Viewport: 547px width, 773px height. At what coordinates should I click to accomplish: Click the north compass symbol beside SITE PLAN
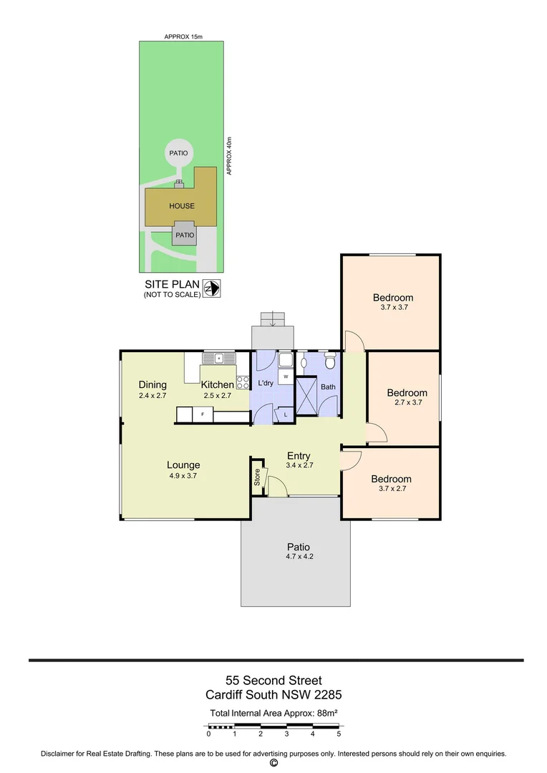212,288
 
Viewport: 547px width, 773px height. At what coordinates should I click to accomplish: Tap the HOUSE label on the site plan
182,206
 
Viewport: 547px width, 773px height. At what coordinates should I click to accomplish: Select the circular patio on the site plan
178,152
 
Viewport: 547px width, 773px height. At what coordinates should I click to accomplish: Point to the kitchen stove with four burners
243,382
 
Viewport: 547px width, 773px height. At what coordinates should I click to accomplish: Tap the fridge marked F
203,414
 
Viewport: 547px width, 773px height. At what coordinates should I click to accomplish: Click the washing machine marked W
285,376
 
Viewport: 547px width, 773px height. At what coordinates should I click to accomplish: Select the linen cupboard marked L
285,414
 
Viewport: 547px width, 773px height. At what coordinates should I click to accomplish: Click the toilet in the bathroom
330,361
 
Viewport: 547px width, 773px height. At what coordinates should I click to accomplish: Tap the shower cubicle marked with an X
307,396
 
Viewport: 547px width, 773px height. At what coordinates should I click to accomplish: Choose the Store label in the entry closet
258,477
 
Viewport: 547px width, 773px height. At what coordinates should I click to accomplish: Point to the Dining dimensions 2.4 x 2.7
152,395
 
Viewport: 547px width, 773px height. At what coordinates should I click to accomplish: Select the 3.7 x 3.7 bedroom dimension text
392,307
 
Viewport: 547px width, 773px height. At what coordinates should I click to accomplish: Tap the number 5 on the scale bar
339,734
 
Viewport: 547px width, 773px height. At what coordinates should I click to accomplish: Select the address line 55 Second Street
273,680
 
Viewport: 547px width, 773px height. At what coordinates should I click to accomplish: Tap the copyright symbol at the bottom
273,763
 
